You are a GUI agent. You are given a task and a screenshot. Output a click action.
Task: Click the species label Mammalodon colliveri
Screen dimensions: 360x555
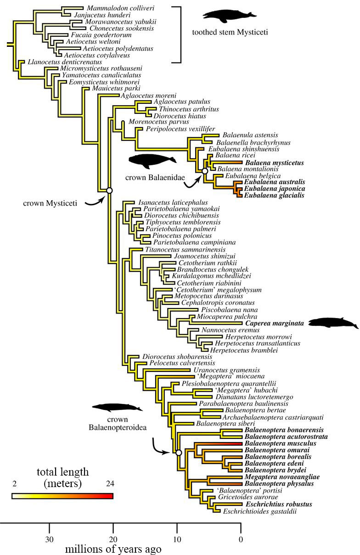pos(120,8)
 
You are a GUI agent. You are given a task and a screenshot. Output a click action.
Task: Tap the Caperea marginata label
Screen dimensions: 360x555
pos(275,323)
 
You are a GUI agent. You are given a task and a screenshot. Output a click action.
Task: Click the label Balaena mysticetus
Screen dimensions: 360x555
pos(275,163)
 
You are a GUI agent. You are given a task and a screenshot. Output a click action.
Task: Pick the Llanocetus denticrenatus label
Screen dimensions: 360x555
pos(65,62)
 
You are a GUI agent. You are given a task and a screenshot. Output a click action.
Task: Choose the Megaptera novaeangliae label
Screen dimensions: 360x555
pos(282,477)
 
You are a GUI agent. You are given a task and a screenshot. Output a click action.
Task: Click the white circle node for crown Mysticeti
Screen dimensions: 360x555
pos(109,191)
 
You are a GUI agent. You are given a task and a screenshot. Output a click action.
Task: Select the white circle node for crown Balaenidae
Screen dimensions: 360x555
pos(205,171)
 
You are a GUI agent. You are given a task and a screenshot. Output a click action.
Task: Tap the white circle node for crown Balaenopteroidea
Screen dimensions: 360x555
pos(179,453)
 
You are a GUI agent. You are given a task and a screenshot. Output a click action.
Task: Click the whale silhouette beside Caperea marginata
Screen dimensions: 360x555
pos(333,323)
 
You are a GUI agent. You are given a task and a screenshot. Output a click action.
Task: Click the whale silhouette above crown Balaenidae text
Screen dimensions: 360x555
pos(152,161)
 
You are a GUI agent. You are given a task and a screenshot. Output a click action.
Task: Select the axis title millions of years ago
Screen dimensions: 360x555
pos(113,549)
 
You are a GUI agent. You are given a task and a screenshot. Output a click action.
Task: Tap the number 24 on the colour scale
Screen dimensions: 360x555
pos(110,483)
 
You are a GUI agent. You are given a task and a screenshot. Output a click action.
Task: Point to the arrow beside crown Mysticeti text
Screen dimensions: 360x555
pos(94,202)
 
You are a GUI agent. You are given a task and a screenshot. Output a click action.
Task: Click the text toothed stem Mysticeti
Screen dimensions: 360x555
pos(230,32)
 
